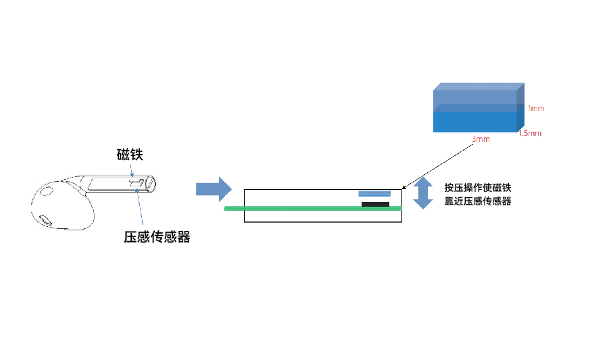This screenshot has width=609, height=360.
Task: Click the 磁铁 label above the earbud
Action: (x=130, y=155)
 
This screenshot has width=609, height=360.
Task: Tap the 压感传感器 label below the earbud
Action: (x=157, y=236)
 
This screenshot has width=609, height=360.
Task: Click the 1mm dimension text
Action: (x=536, y=108)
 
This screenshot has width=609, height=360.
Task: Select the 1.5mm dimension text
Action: (x=530, y=133)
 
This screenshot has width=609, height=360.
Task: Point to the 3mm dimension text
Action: (x=481, y=139)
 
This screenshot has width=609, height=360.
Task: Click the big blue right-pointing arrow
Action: (x=214, y=189)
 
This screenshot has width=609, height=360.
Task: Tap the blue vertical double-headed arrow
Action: (x=423, y=192)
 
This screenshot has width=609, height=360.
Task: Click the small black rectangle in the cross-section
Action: (x=375, y=204)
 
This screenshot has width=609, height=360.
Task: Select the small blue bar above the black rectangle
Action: (x=374, y=193)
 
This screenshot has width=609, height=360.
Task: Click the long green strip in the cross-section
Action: (x=313, y=209)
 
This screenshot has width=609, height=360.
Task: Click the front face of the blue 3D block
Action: (x=474, y=122)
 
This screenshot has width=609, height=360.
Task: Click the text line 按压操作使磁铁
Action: (x=478, y=188)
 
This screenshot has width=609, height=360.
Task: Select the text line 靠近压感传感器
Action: (x=478, y=201)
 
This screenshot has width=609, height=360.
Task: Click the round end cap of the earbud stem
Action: (x=151, y=184)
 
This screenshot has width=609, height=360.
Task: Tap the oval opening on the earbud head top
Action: (x=47, y=191)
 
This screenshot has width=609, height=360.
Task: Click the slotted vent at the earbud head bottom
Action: (x=46, y=220)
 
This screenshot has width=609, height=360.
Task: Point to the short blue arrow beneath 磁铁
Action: (x=132, y=171)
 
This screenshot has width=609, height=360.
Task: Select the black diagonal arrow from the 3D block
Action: (x=437, y=167)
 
